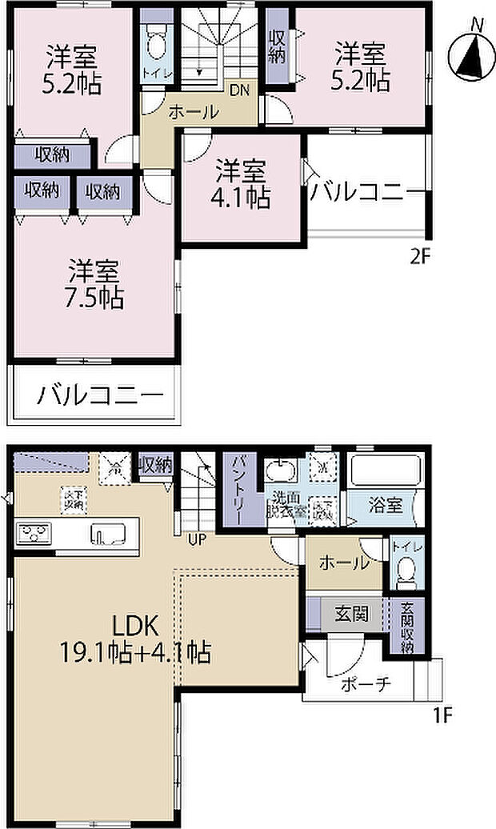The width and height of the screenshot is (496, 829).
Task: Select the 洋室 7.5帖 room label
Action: [x=94, y=285]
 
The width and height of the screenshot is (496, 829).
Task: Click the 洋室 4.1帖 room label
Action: [x=242, y=184]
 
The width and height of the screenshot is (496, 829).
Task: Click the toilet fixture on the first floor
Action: [x=405, y=571]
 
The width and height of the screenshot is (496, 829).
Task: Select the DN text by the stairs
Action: [x=239, y=90]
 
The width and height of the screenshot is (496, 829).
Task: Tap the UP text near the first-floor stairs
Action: [x=197, y=539]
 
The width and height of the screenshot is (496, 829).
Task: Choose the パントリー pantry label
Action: [x=239, y=487]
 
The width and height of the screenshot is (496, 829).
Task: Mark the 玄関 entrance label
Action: [x=352, y=615]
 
